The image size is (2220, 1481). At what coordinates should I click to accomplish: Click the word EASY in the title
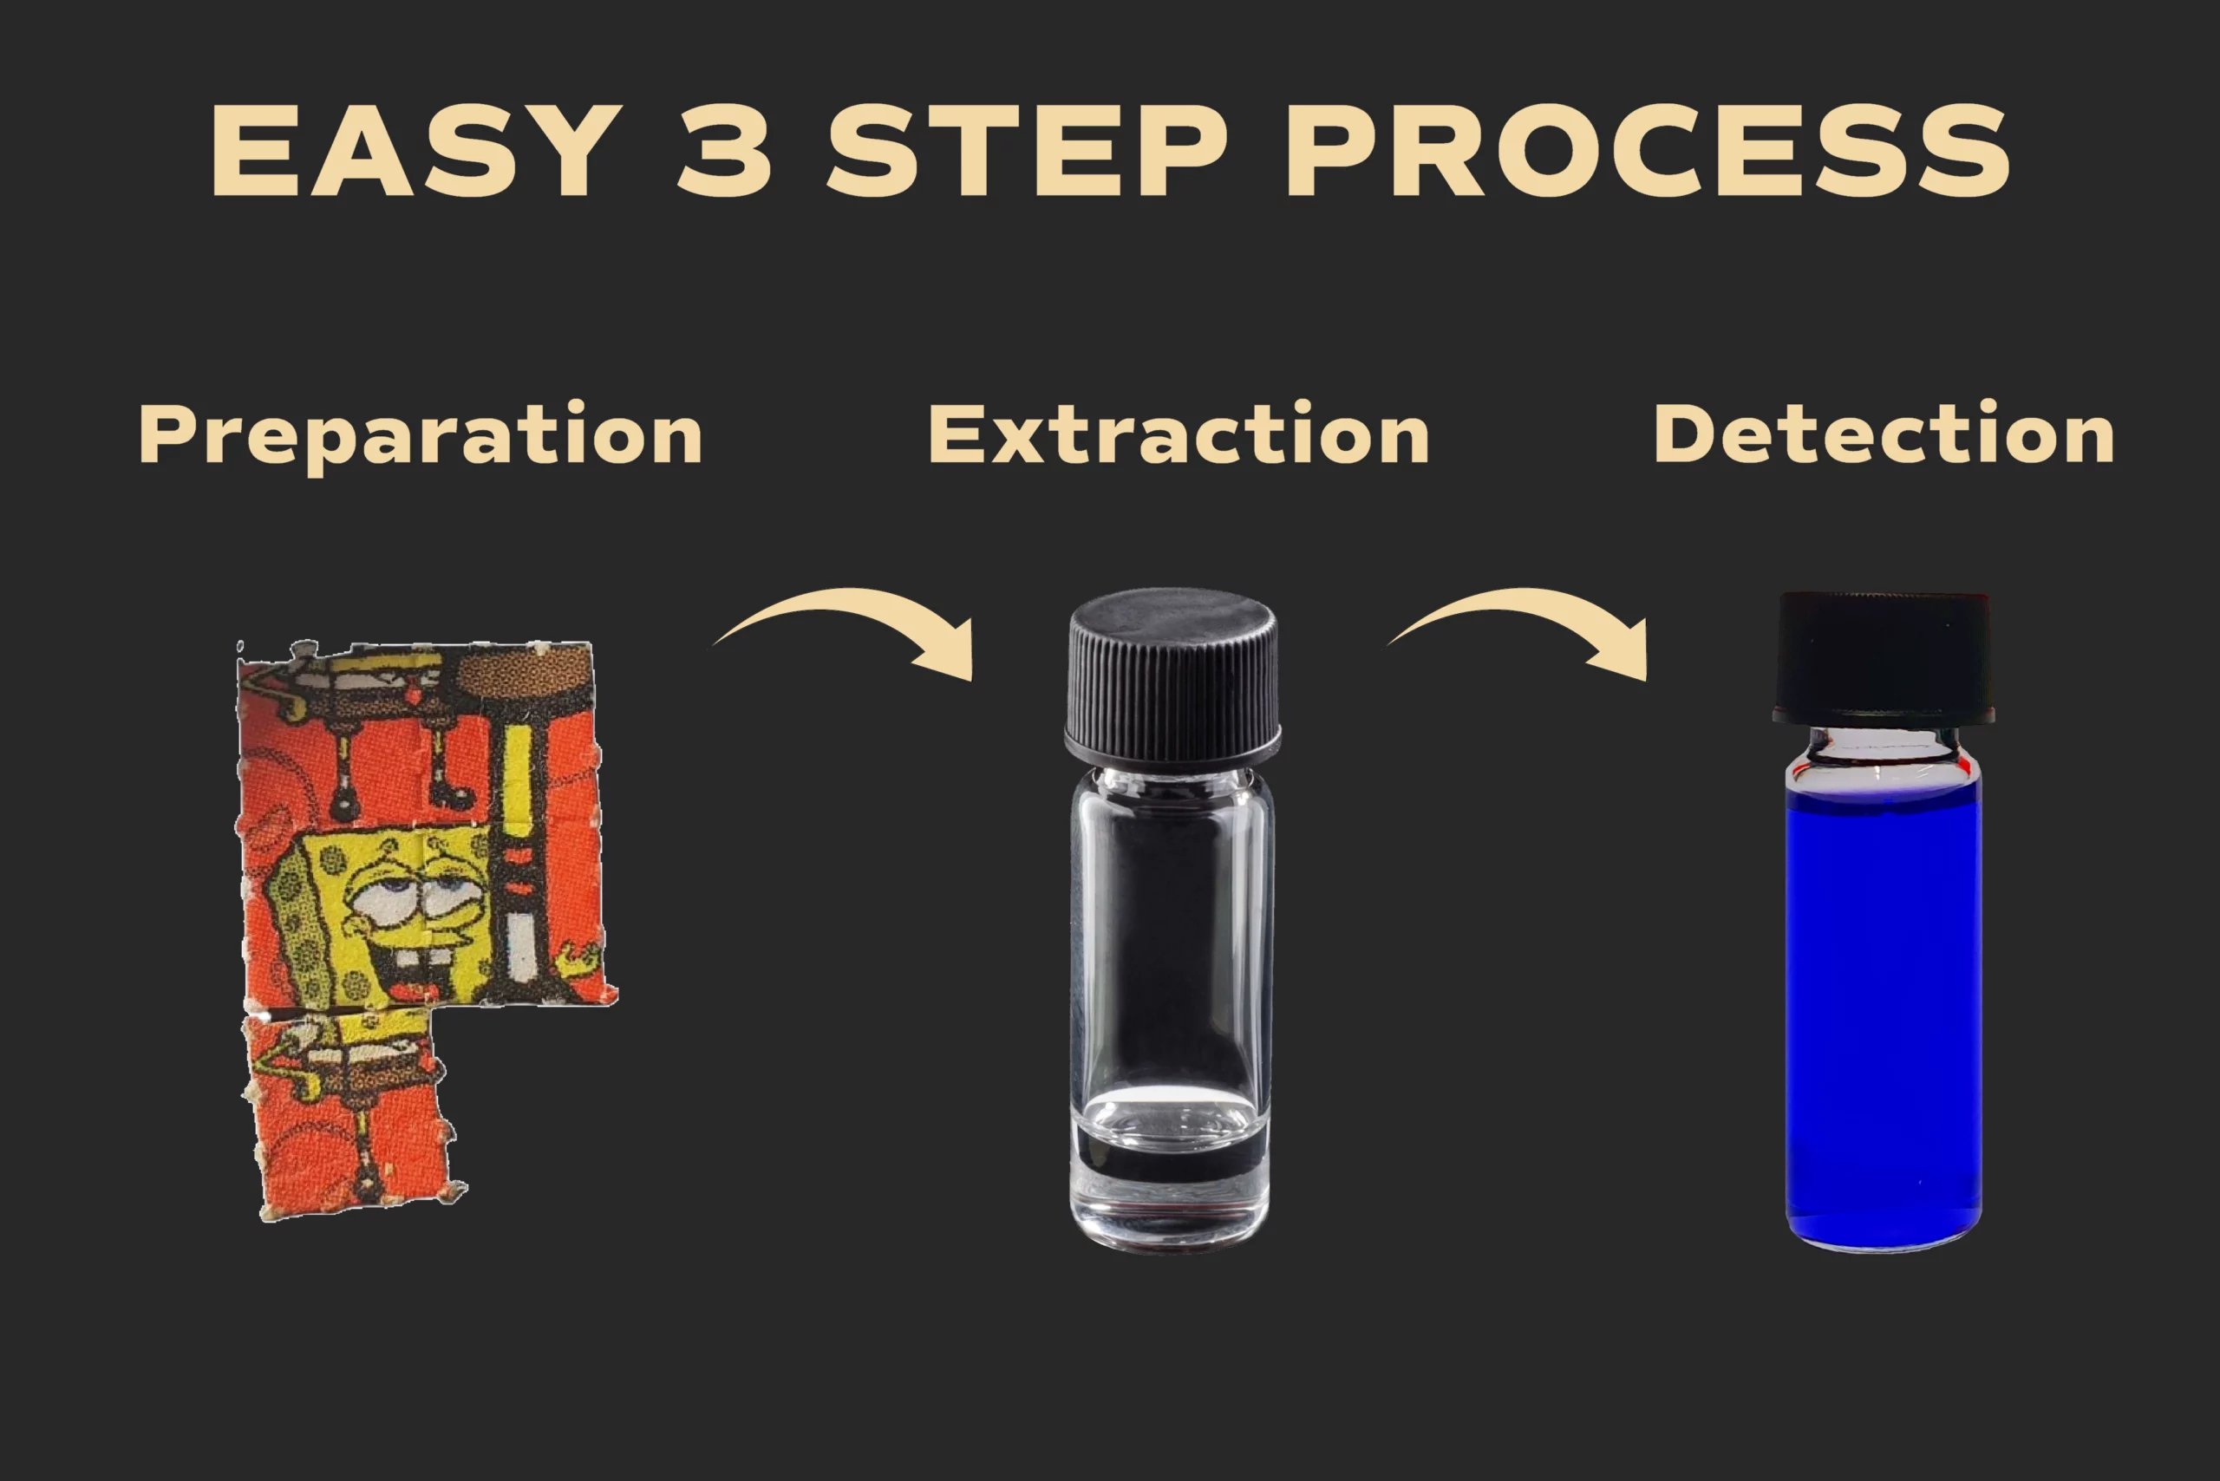point(415,150)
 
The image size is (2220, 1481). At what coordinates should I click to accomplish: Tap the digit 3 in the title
point(726,150)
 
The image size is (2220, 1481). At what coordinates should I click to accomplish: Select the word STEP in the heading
point(1027,150)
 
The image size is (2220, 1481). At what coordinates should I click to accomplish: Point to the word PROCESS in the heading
point(1648,150)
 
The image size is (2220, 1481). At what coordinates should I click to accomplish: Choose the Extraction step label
point(1179,434)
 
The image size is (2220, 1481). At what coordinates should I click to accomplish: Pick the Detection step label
point(1884,434)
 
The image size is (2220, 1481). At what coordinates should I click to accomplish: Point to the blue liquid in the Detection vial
point(1883,1015)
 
